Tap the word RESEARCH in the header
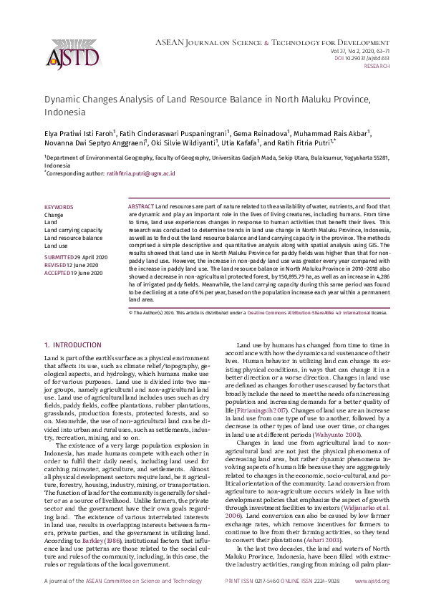pyautogui.click(x=377, y=65)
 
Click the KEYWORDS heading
pyautogui.click(x=58, y=206)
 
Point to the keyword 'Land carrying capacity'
pyautogui.click(x=73, y=230)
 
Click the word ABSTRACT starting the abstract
pyautogui.click(x=141, y=206)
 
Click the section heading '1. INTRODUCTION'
pyautogui.click(x=72, y=345)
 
